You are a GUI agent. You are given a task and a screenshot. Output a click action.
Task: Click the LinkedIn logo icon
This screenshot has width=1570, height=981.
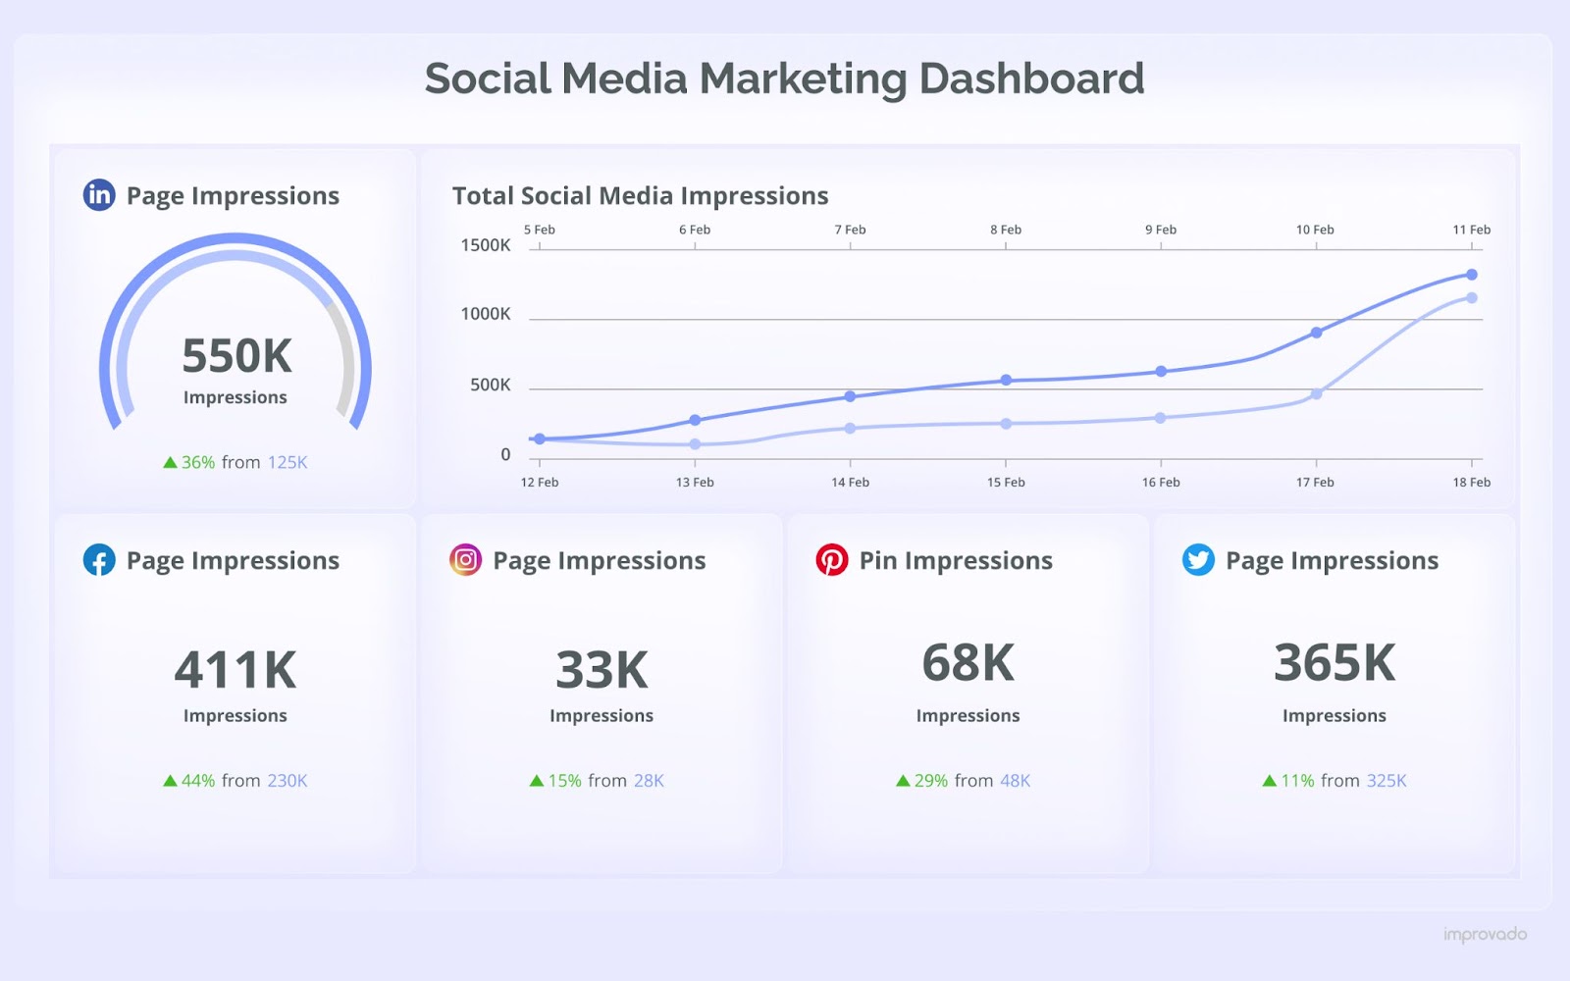(99, 195)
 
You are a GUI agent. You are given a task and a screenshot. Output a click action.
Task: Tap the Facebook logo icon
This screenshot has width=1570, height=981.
(99, 560)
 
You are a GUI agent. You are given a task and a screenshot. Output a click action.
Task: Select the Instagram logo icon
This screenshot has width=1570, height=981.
(465, 560)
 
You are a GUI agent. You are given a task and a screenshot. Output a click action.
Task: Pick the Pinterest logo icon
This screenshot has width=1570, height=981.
(832, 560)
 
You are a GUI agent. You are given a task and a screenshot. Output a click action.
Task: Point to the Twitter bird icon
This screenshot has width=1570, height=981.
(1198, 560)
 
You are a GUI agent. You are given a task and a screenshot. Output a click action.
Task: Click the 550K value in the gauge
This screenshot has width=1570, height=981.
(236, 356)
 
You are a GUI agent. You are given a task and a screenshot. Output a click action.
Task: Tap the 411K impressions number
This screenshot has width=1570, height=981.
(235, 671)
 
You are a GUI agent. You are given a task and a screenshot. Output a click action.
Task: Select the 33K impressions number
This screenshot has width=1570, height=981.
(602, 671)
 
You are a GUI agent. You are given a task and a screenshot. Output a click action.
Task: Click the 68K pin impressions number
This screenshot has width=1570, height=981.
(968, 663)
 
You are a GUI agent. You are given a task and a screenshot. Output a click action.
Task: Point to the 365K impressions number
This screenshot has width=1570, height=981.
(1334, 663)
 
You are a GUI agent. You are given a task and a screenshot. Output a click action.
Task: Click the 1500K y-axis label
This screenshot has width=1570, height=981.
(486, 245)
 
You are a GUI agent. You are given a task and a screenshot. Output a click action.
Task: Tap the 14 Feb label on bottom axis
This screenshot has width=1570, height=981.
(850, 483)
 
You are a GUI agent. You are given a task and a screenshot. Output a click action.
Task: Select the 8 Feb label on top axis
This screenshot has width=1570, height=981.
(1006, 230)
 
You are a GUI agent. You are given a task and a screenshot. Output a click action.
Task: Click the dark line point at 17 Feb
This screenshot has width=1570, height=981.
(1317, 333)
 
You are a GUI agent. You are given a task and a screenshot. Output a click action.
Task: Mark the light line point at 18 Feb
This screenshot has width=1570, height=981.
(1472, 297)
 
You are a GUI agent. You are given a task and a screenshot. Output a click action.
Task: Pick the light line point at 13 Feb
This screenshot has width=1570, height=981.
(695, 444)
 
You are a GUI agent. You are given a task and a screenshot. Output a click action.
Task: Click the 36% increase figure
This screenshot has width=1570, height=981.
(198, 462)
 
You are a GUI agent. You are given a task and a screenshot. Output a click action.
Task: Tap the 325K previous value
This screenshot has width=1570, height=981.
(1387, 781)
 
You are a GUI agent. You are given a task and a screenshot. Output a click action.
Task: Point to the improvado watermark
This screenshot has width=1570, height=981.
(1485, 935)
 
